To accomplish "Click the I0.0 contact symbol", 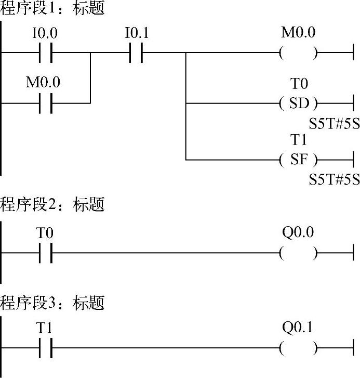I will click(x=45, y=53).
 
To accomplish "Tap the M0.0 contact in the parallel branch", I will click(x=45, y=103).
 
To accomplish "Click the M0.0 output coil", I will click(x=298, y=53).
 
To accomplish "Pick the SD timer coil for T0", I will click(x=298, y=103).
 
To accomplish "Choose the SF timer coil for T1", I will click(x=298, y=159).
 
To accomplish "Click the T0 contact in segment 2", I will click(x=45, y=253).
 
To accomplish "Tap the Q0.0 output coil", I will click(x=298, y=253).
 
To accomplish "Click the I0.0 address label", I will click(x=45, y=34).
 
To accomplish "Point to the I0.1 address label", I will click(x=137, y=34).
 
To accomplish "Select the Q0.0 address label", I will click(x=298, y=232).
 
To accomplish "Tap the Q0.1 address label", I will click(x=298, y=328).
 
